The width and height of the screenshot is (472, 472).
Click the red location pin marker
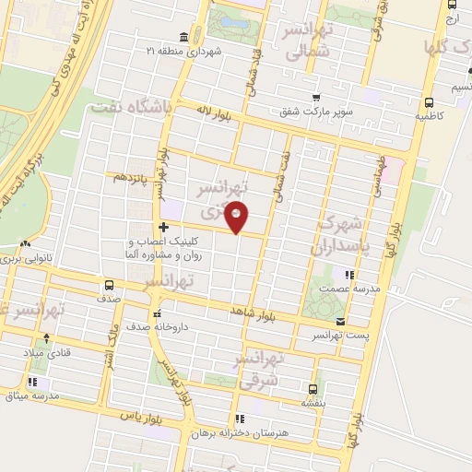[x=237, y=216]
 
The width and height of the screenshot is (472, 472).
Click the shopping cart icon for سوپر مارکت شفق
[x=316, y=98]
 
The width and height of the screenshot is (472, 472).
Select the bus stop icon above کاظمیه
[x=429, y=103]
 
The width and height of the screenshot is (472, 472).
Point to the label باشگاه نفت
[x=132, y=110]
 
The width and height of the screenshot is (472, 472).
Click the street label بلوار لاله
[x=211, y=110]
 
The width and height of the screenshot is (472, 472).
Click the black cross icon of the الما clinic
[x=163, y=227]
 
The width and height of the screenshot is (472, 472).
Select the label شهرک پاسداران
[x=342, y=235]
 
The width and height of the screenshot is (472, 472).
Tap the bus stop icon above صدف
[x=109, y=285]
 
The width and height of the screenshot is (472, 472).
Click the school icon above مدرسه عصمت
[x=348, y=274]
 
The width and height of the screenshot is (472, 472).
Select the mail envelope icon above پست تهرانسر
[x=342, y=322]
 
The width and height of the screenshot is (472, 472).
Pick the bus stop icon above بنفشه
[x=313, y=388]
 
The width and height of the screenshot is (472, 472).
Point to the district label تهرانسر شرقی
[x=261, y=369]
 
